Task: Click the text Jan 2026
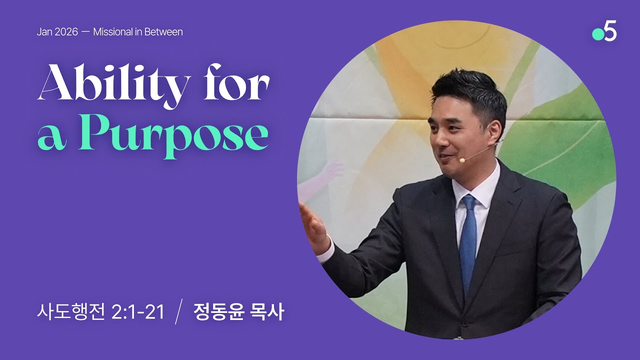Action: [x=57, y=32]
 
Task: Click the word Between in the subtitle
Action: [x=165, y=32]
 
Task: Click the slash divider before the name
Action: [x=178, y=313]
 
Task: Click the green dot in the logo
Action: [x=597, y=34]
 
